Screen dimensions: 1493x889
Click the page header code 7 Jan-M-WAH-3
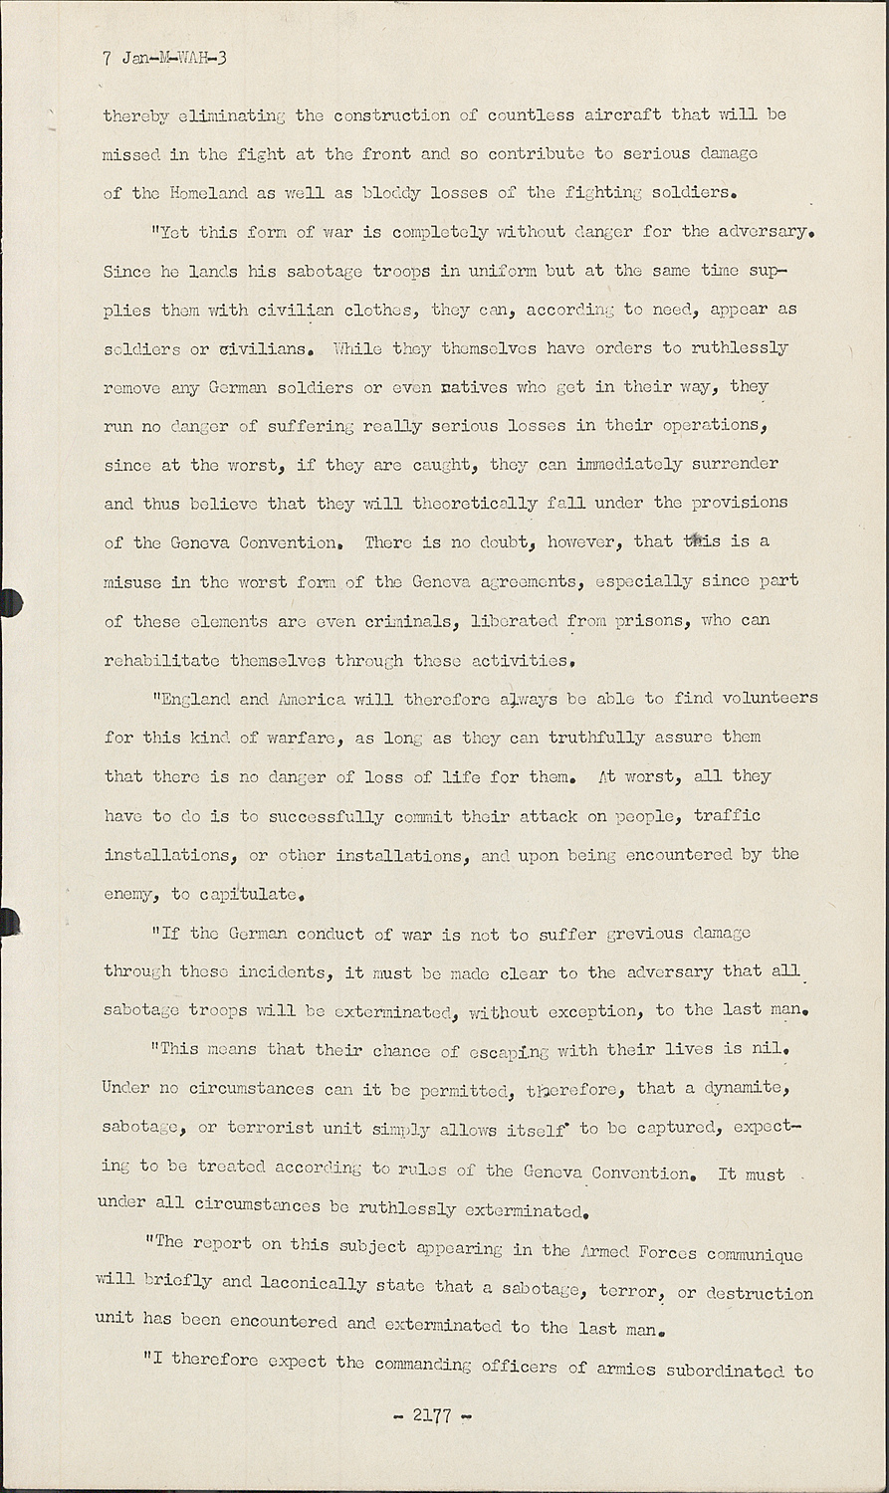point(165,58)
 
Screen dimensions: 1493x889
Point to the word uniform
point(499,271)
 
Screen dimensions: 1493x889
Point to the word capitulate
point(248,894)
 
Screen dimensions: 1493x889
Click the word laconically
point(314,1283)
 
